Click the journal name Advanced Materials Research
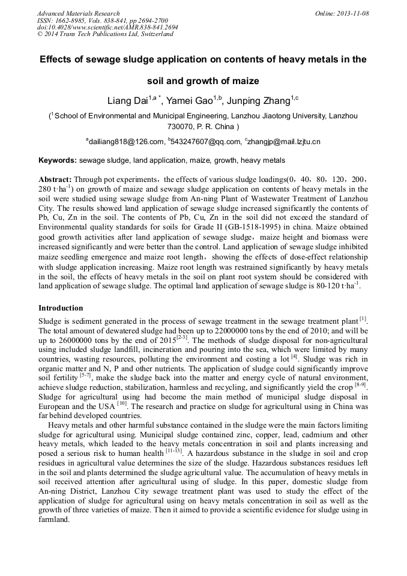(x=78, y=13)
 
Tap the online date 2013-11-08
(x=352, y=13)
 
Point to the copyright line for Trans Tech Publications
(x=105, y=34)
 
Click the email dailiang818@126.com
(x=126, y=142)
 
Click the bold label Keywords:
(x=58, y=161)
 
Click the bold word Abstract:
(x=55, y=179)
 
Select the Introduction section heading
(x=61, y=308)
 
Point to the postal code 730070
(x=179, y=127)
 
